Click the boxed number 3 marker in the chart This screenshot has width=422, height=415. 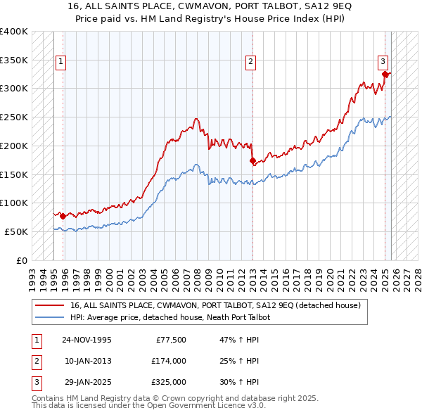pos(383,61)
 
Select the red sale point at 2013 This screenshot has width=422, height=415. pos(252,160)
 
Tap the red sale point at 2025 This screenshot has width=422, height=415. pos(385,74)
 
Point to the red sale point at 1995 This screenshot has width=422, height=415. pos(63,216)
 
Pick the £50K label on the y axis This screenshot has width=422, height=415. pos(16,231)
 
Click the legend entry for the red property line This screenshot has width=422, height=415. pos(215,305)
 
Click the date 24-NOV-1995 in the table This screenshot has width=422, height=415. pos(87,340)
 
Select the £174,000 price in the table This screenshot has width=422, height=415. pos(169,361)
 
